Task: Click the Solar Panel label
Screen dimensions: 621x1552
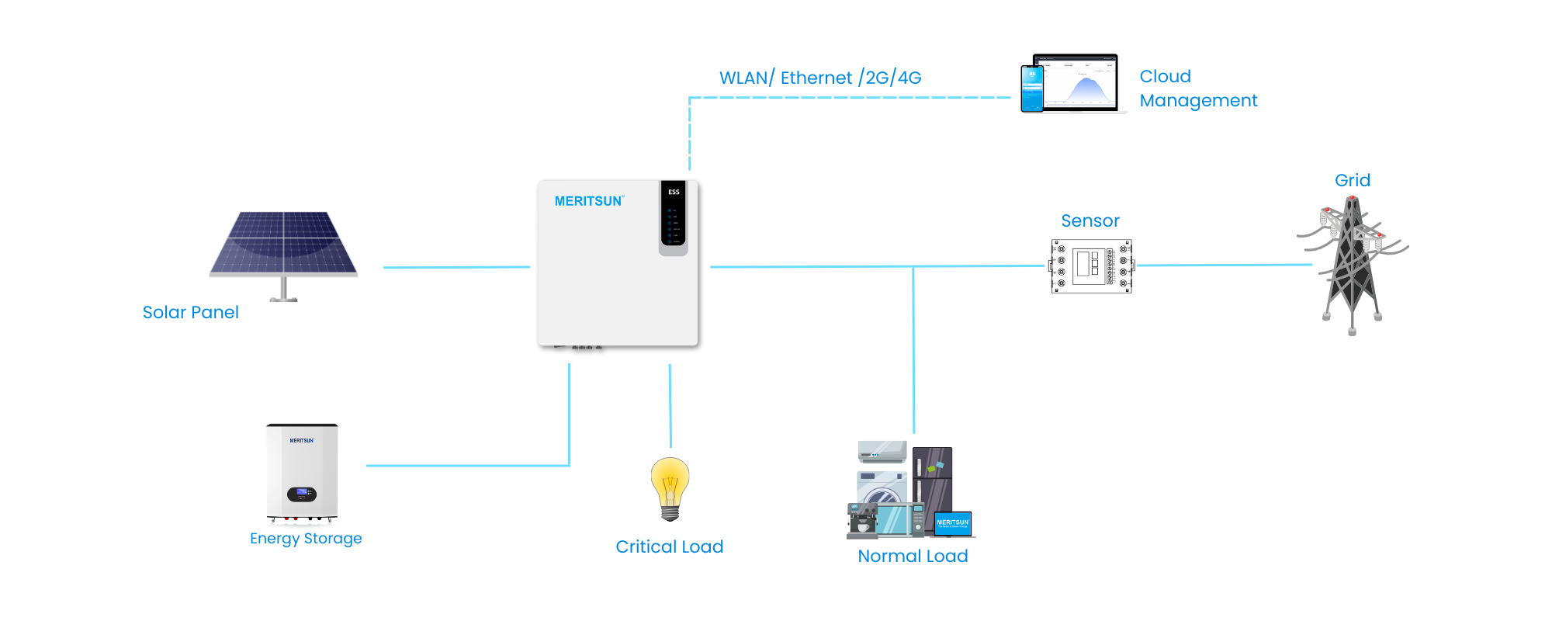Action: click(190, 312)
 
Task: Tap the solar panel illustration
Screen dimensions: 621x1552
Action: click(284, 245)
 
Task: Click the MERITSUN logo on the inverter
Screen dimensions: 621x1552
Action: click(588, 201)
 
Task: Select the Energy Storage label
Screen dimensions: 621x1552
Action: click(306, 538)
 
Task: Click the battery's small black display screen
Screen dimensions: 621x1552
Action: click(302, 493)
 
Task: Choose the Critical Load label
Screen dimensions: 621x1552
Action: click(669, 546)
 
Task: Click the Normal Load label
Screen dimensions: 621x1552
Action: click(913, 556)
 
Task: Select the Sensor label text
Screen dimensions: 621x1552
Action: click(1090, 221)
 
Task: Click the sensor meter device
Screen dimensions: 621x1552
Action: click(1091, 265)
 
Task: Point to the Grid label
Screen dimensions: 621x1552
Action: click(1352, 180)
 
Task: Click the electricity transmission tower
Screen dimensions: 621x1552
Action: click(1352, 264)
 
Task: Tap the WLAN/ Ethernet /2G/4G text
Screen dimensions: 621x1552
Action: click(820, 78)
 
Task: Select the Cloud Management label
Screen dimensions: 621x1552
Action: click(1197, 88)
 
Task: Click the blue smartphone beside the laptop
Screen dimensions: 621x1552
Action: click(1032, 88)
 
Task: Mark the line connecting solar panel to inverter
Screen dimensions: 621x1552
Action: click(456, 267)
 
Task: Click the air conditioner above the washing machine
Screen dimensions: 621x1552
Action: click(882, 451)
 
